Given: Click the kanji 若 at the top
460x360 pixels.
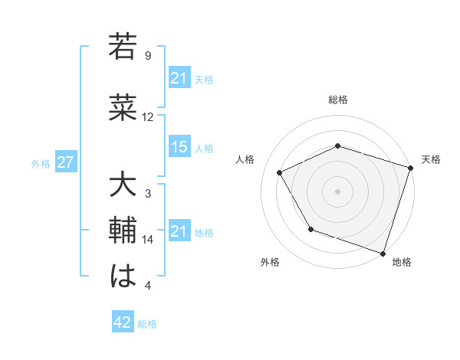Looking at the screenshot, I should coord(122,47).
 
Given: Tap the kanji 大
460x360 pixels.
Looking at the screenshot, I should coord(122,187).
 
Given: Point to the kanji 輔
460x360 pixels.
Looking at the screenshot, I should coord(122,231).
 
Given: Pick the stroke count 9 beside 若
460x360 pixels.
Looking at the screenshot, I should coord(148,56).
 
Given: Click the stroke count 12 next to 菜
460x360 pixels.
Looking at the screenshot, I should coord(148,117).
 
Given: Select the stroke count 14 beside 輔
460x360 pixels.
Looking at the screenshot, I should coord(148,240).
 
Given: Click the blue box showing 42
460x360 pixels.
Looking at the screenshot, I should coord(123,322).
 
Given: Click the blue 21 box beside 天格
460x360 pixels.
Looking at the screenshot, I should coord(179,77).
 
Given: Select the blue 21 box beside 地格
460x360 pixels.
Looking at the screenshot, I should coord(179,231).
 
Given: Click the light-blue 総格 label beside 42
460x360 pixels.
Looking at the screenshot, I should coord(147,324).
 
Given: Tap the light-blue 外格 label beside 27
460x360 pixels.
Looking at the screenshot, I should coord(41,163).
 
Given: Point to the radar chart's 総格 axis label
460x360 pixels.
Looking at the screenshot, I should coord(337,100).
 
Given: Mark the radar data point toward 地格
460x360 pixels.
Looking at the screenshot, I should coord(382,252).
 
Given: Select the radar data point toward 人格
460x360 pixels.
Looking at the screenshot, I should coord(280,173).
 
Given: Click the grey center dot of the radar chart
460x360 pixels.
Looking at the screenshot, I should coord(337,191).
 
